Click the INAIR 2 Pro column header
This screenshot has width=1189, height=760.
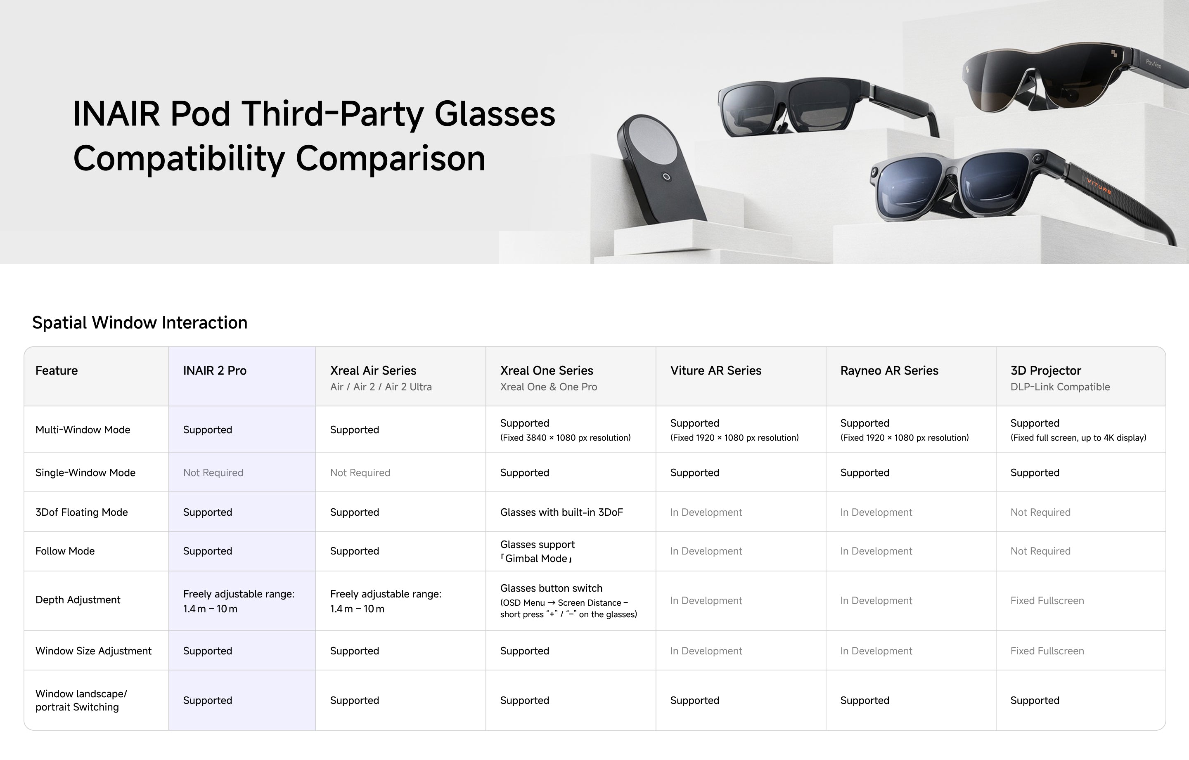tap(214, 371)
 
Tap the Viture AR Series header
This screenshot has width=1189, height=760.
tap(715, 371)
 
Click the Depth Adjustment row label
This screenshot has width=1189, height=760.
tap(78, 600)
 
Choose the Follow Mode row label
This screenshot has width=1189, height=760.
tap(65, 551)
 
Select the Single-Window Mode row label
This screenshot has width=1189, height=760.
tap(85, 473)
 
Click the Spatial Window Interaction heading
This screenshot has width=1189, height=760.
tap(140, 323)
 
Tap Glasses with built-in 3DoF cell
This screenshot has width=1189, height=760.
tap(561, 512)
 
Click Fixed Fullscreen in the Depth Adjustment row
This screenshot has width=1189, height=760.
tap(1047, 601)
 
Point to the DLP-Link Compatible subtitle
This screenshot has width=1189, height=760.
tap(1060, 387)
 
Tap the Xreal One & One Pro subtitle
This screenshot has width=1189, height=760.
tap(548, 387)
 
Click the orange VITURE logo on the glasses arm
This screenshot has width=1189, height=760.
tap(1099, 186)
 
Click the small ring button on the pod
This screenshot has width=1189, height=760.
tap(667, 177)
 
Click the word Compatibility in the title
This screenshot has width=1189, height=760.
tap(179, 159)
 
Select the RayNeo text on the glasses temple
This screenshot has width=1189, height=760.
tap(1154, 64)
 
